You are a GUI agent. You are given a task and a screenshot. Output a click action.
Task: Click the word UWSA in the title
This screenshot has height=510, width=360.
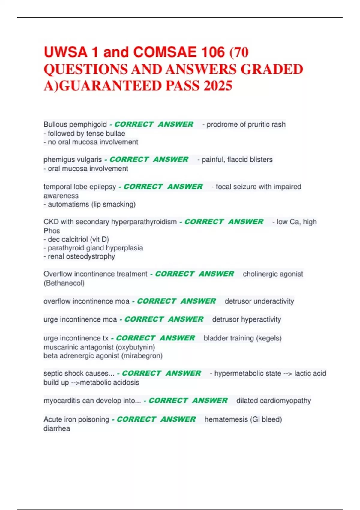[65, 52]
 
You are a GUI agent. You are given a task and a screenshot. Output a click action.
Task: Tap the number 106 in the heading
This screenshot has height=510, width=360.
[213, 52]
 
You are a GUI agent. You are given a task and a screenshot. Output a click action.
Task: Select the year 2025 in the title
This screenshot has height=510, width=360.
[218, 86]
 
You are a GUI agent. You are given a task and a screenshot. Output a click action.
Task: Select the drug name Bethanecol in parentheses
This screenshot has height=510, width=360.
[64, 283]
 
